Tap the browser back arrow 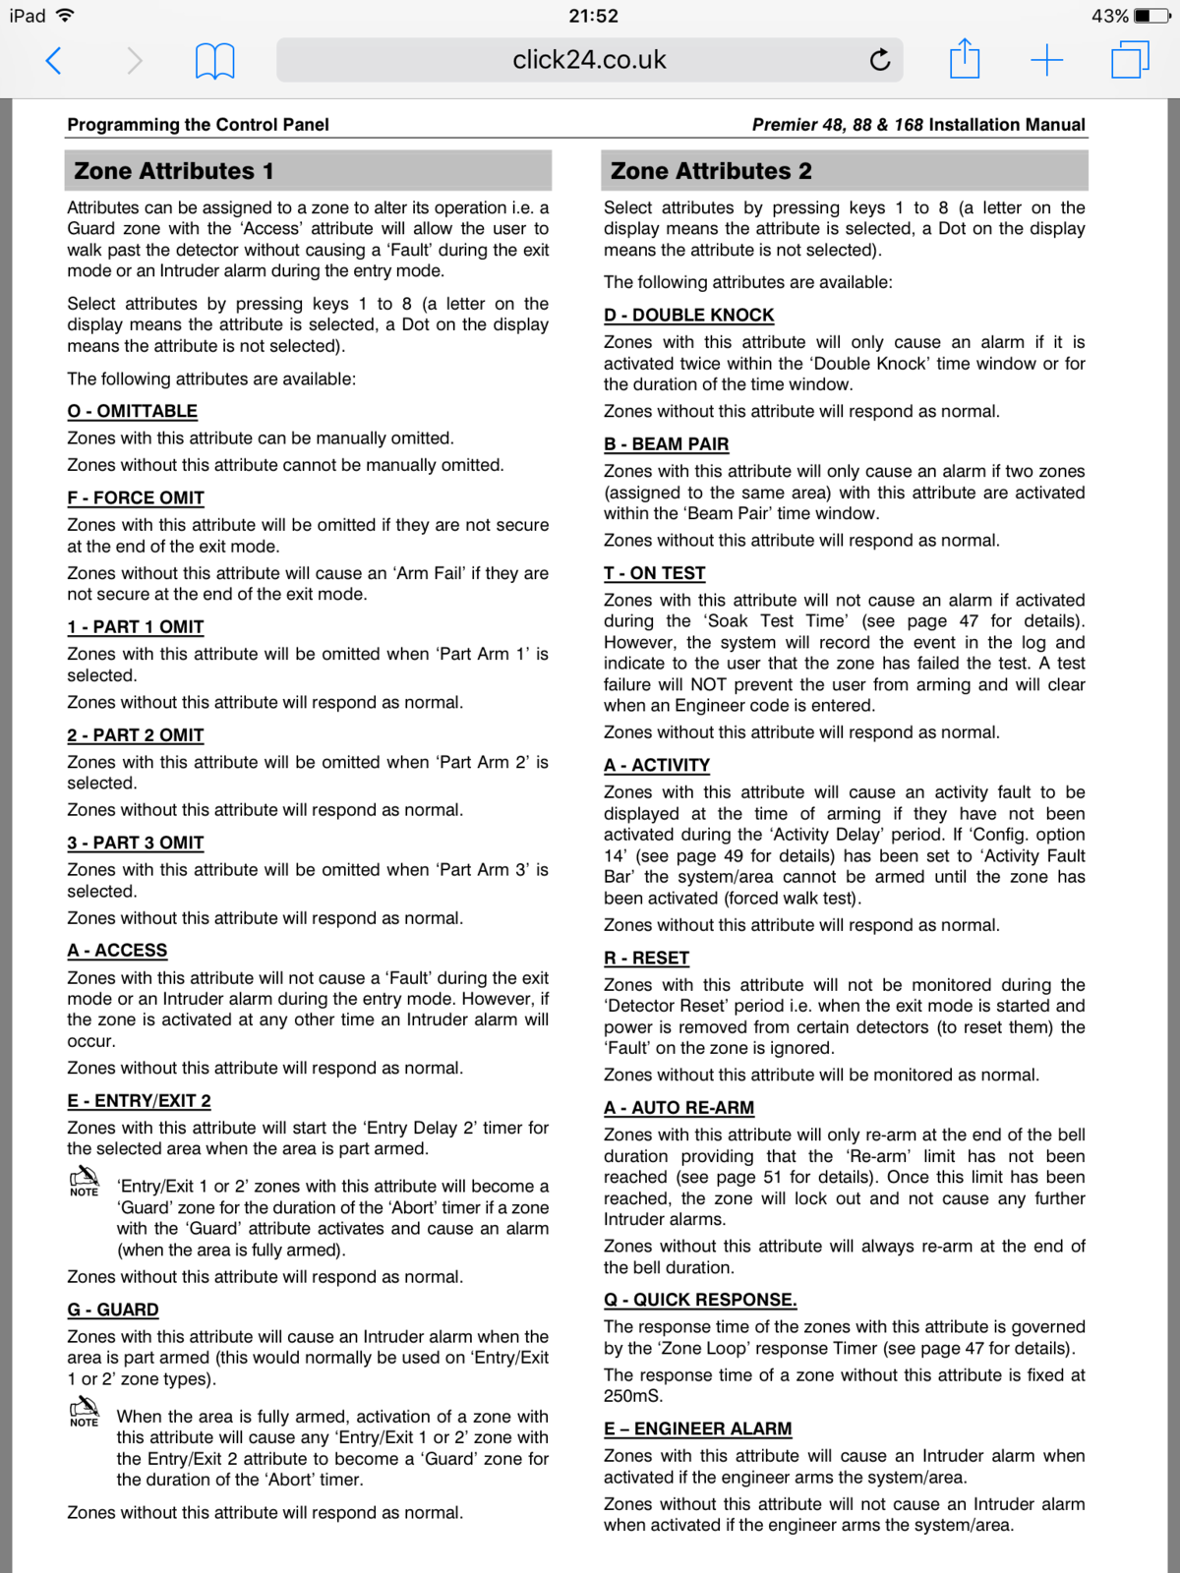54,61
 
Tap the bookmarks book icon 214,61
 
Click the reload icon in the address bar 880,60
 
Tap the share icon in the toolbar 965,59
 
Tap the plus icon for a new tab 1046,60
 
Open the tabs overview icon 1130,60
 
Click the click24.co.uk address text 589,60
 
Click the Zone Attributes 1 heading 174,171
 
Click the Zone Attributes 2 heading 711,171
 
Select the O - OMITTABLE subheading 132,411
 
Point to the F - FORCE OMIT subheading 136,497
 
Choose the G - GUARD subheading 113,1310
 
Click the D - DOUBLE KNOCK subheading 688,315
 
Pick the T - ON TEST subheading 654,573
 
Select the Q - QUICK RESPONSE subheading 700,1300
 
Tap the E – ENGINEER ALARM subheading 697,1428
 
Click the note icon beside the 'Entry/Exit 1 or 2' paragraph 85,1180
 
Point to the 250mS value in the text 633,1396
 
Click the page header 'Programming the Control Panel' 198,125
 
